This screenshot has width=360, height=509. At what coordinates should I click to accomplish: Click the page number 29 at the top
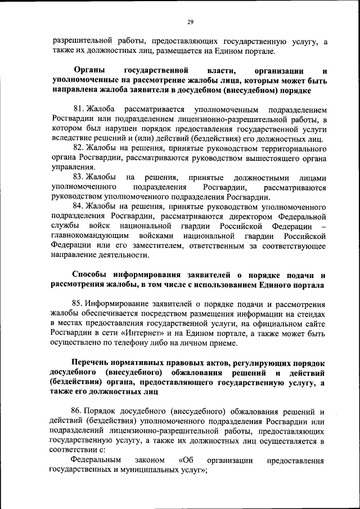[190, 22]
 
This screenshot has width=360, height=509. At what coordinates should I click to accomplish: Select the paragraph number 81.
[79, 107]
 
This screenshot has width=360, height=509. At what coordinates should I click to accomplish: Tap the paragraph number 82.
[79, 148]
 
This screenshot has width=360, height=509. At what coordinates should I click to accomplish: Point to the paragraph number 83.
[79, 177]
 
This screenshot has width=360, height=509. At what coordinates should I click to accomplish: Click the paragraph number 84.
[79, 206]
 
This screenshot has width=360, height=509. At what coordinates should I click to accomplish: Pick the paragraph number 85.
[79, 304]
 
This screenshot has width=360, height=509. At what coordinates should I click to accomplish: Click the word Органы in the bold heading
[89, 71]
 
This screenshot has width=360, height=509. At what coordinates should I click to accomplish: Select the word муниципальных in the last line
[145, 470]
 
